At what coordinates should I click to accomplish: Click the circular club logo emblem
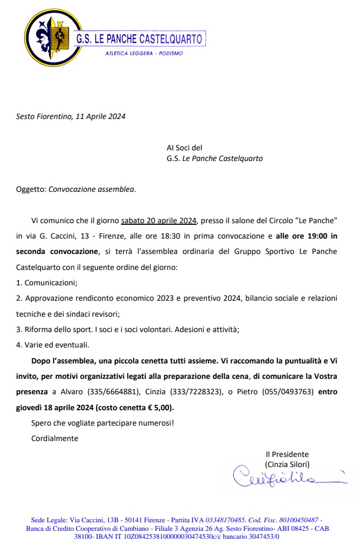(48, 37)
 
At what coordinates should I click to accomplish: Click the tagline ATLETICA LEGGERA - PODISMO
(144, 53)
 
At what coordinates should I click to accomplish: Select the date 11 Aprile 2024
(101, 116)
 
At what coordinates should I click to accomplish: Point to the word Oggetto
(31, 189)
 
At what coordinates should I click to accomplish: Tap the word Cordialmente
(55, 438)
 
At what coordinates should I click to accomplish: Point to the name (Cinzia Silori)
(287, 464)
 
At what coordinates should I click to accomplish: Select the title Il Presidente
(287, 454)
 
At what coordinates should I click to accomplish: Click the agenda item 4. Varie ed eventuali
(53, 344)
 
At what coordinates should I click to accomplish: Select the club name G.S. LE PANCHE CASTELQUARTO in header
(139, 39)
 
